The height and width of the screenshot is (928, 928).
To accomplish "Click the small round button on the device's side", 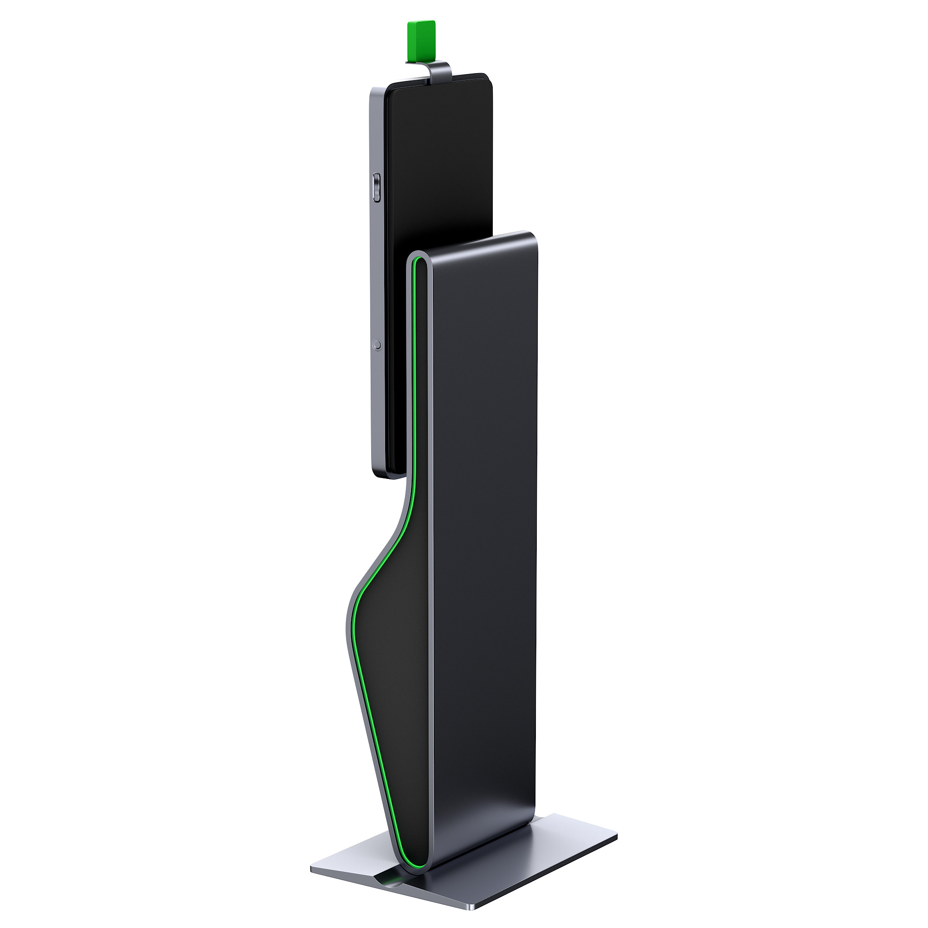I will click(378, 344).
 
